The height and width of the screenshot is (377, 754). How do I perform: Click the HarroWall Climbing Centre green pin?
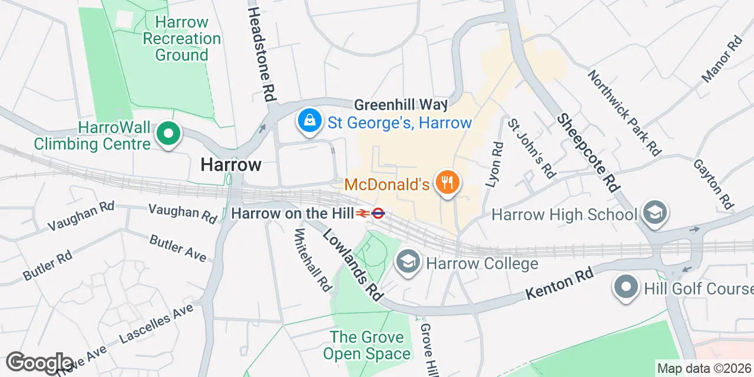tap(168, 134)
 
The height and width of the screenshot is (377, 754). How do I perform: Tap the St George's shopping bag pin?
tap(308, 121)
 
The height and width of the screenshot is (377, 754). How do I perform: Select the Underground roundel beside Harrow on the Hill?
tap(378, 213)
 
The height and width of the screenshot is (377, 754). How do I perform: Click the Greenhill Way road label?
tap(401, 105)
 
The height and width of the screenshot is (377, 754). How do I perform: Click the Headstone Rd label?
tap(262, 53)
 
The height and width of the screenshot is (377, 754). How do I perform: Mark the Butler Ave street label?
tap(178, 247)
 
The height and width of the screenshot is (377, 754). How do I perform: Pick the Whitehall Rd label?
tap(313, 259)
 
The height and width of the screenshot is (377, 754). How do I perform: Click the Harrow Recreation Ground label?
tap(182, 39)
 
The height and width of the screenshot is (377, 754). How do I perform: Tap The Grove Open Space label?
tap(367, 345)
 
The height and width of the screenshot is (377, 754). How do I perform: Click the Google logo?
tap(39, 363)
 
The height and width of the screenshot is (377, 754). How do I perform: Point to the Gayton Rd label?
tap(713, 184)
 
